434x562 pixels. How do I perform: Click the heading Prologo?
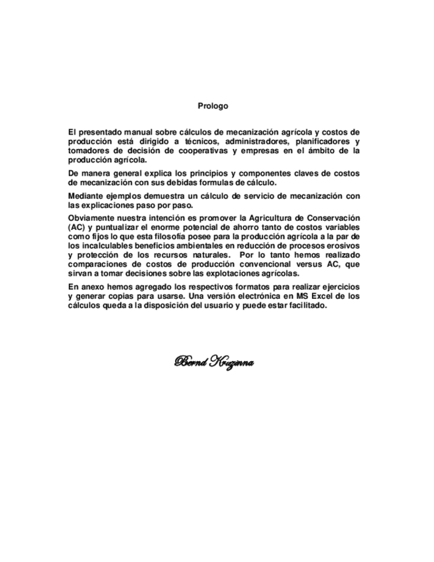click(213, 105)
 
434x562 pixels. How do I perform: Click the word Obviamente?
click(93, 219)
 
